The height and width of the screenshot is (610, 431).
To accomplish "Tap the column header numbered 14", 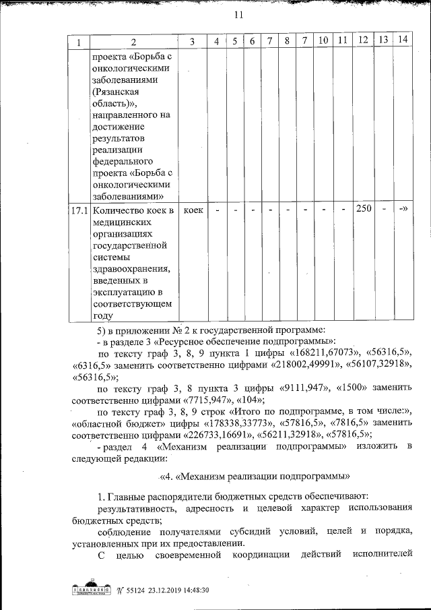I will coord(403,41).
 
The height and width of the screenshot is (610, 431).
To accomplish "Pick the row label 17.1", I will coord(80,210).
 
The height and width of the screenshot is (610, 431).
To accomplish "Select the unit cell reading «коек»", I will coord(193,210).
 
